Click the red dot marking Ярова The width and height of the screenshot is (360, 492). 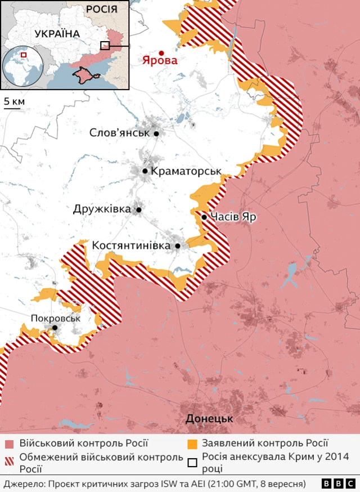click(x=161, y=52)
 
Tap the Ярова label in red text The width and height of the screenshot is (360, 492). click(x=159, y=61)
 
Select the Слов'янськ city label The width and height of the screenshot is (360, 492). click(x=119, y=133)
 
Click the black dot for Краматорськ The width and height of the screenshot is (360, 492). click(x=145, y=171)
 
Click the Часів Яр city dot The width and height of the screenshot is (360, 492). click(x=204, y=217)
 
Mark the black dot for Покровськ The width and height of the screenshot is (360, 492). click(x=55, y=328)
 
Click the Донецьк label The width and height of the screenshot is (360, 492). click(x=209, y=419)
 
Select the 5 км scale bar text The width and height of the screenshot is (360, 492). click(x=14, y=101)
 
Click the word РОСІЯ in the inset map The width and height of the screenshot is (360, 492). click(x=102, y=9)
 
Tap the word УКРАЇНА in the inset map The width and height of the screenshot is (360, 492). click(x=57, y=34)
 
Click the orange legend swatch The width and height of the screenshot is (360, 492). click(x=192, y=445)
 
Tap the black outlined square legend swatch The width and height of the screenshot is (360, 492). click(x=192, y=463)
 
